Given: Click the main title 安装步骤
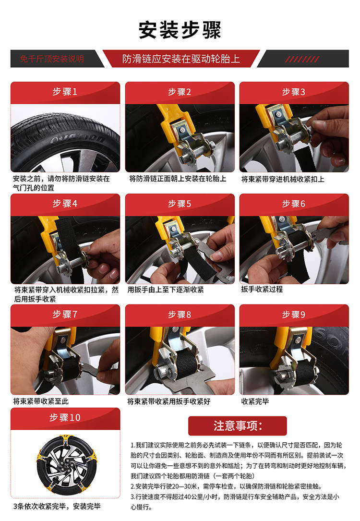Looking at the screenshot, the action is click(180, 30).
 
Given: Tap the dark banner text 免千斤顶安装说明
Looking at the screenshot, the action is click(52, 59).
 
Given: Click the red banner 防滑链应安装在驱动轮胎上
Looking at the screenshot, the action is click(181, 59).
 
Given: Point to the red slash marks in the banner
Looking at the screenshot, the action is click(302, 59).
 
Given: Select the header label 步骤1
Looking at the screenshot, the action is click(65, 91).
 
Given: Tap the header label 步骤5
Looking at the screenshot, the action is click(180, 203).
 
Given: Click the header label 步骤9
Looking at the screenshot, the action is click(294, 314).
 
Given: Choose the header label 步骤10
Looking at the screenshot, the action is click(65, 417).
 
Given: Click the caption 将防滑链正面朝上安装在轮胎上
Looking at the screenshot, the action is click(178, 179).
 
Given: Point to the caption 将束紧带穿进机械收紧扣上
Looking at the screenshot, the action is click(283, 180).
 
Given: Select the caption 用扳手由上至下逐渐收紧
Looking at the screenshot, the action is click(166, 290).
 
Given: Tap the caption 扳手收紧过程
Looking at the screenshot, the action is click(262, 289).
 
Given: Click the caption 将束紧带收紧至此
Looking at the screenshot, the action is click(40, 401).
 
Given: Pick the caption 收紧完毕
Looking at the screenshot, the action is click(255, 401).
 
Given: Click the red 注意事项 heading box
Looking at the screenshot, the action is click(237, 425).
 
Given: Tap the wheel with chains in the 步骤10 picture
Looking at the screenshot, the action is click(65, 464).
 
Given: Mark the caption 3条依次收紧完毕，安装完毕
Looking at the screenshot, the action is click(57, 507).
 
